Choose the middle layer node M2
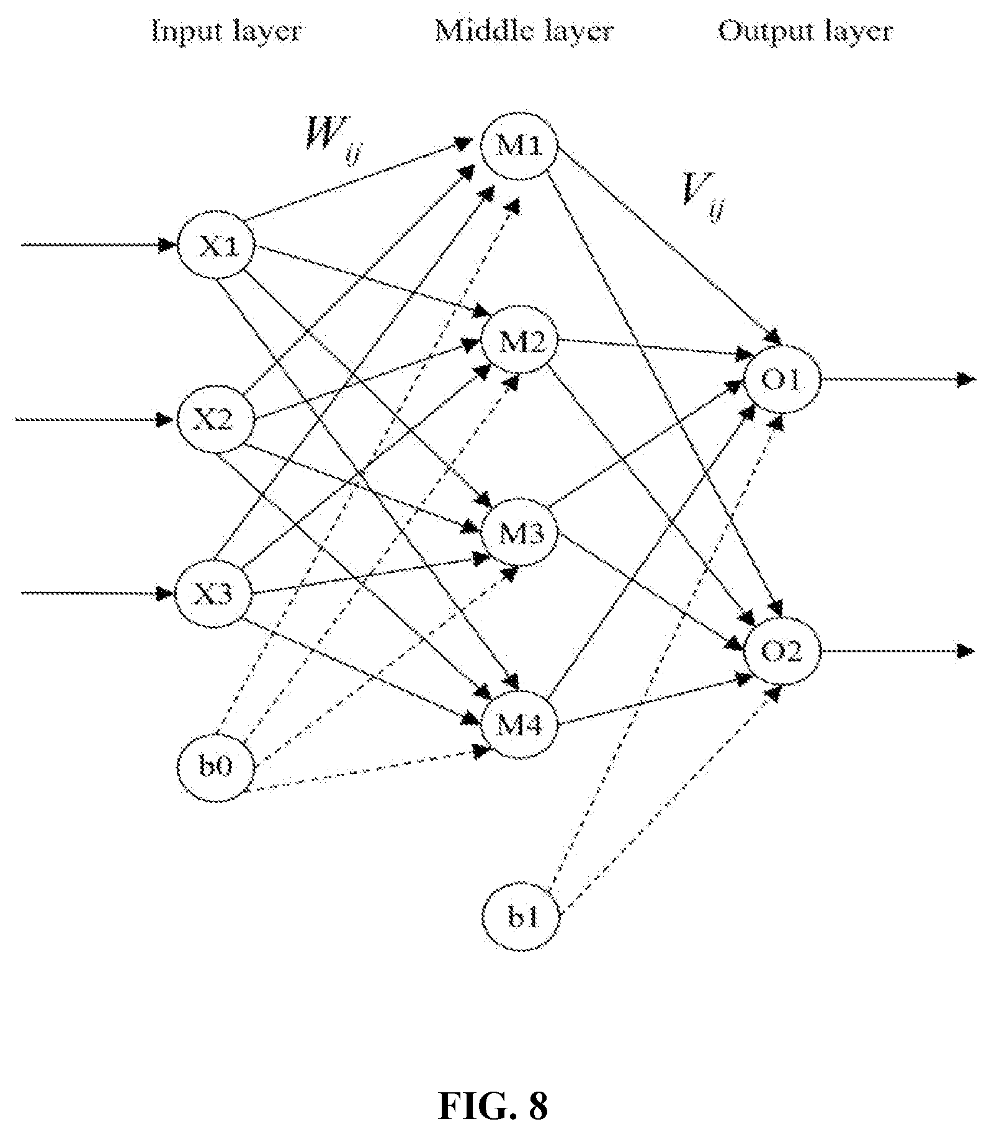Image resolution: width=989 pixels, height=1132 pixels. tap(521, 341)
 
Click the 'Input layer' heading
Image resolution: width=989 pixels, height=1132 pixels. tap(226, 31)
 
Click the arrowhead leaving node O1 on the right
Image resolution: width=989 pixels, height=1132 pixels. tap(965, 379)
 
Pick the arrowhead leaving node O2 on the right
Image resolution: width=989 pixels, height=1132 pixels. tap(965, 651)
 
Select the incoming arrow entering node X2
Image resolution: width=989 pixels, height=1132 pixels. tap(94, 420)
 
